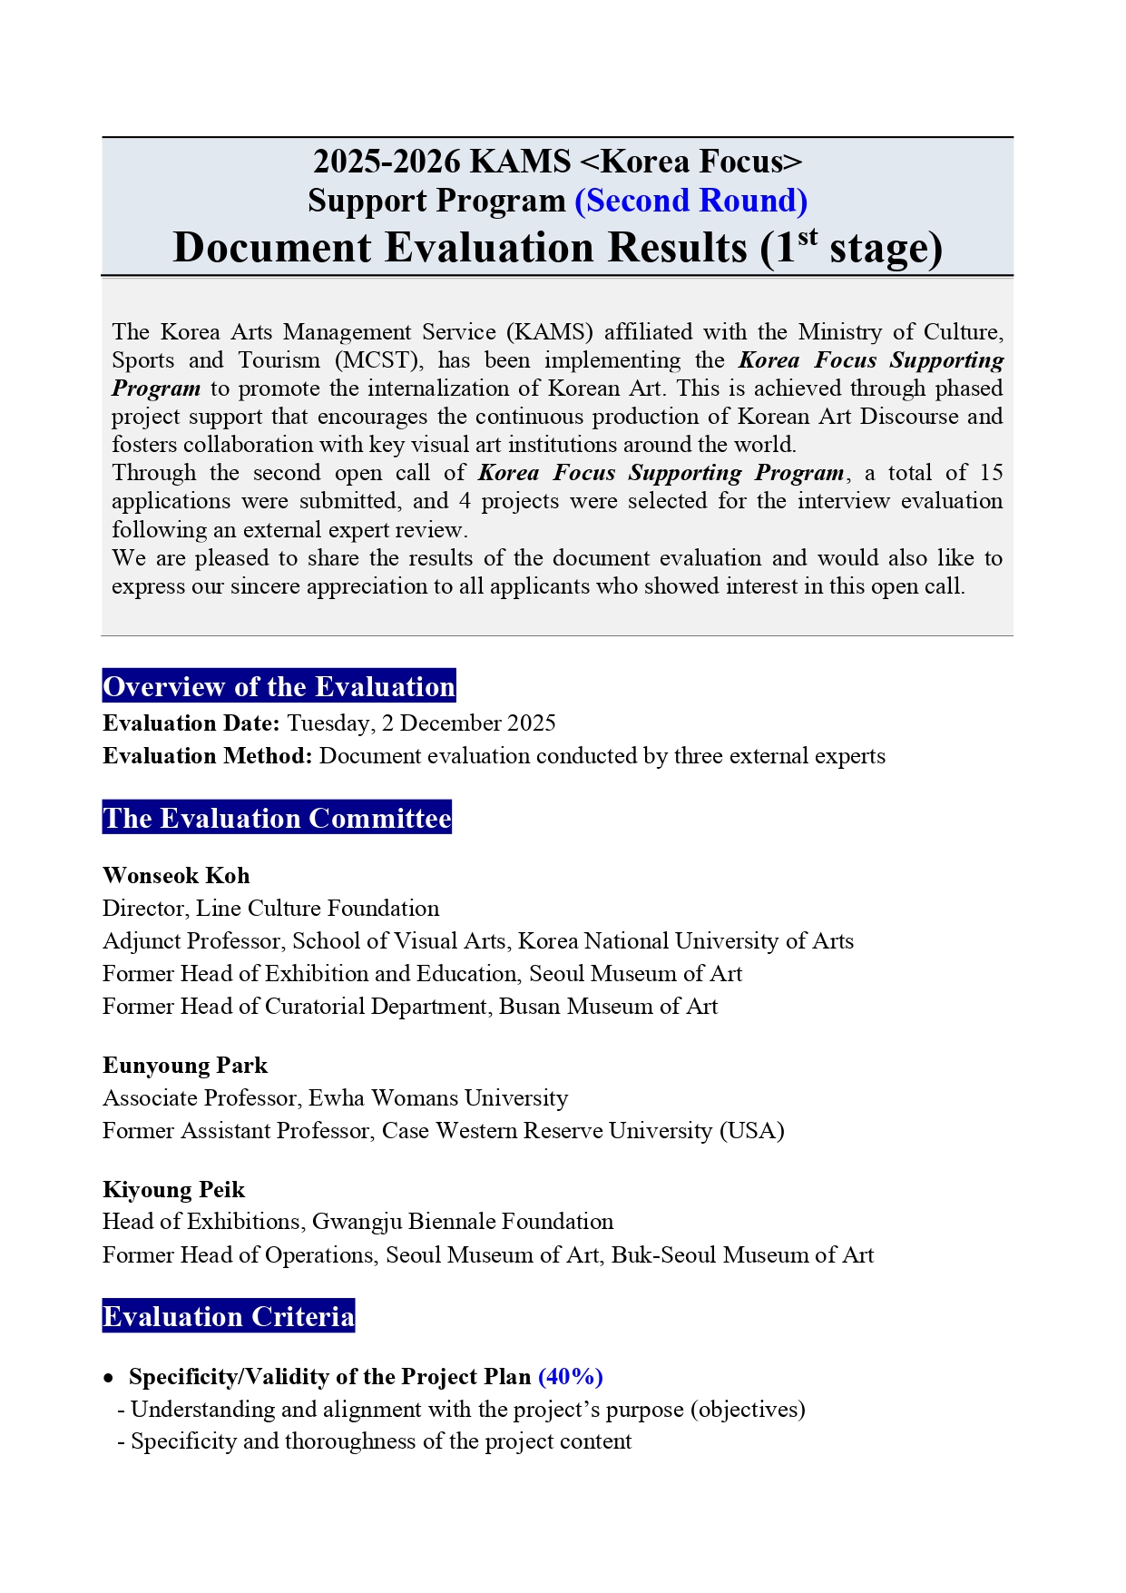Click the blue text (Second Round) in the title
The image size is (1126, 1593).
690,201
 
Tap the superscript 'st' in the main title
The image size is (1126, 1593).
808,237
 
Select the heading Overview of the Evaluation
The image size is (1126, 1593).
279,686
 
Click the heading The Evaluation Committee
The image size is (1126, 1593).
277,818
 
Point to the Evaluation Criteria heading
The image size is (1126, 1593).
228,1316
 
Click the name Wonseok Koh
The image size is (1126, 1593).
176,875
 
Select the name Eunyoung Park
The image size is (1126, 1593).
185,1065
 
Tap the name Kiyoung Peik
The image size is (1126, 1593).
173,1189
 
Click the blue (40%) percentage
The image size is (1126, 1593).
571,1377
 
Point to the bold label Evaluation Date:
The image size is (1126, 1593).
191,723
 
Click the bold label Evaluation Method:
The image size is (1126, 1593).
208,756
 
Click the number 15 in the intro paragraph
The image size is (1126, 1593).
991,473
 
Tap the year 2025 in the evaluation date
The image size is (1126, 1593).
531,723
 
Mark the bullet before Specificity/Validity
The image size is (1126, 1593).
109,1378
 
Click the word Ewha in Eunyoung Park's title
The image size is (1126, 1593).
336,1098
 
